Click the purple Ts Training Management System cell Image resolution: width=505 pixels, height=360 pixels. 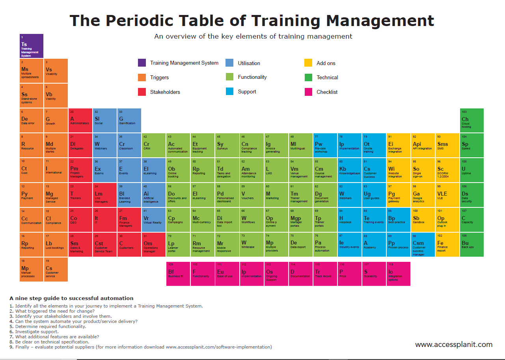click(32, 46)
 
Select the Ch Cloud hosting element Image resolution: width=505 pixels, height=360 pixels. click(471, 120)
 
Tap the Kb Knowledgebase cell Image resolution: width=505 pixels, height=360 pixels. click(349, 170)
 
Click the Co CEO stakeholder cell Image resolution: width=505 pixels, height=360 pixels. click(80, 220)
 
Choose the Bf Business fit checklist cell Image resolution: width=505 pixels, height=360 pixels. click(178, 274)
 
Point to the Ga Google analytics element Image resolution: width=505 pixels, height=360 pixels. click(423, 195)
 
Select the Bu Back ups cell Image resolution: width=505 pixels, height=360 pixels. click(471, 244)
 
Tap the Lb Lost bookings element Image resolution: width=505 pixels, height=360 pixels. click(56, 244)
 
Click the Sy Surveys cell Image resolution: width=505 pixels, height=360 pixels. click(227, 145)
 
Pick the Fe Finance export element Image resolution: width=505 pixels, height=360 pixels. click(447, 244)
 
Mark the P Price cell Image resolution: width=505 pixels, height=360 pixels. click(349, 274)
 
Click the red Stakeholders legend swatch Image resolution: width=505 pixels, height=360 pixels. click(142, 92)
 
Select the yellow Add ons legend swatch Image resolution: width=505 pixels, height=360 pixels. click(308, 63)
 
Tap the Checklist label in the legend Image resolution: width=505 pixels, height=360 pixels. click(327, 92)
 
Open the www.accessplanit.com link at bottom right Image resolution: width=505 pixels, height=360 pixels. click(454, 345)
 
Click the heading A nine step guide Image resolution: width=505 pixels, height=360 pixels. click(71, 298)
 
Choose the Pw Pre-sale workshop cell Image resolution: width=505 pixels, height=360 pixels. click(325, 145)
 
